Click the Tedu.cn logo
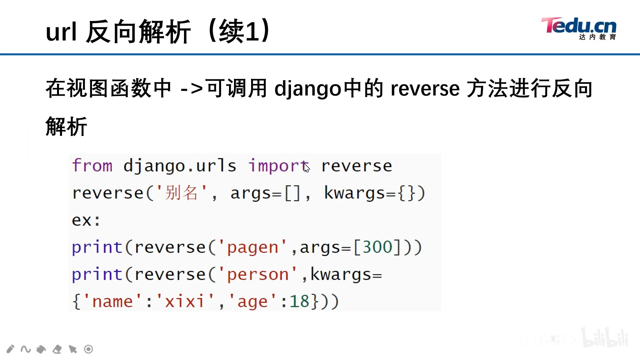click(x=579, y=28)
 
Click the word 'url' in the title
click(x=61, y=32)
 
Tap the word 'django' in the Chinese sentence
click(x=308, y=89)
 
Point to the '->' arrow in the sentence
click(x=191, y=89)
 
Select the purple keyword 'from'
click(x=92, y=166)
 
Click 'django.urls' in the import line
click(x=180, y=166)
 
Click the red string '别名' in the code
click(x=182, y=193)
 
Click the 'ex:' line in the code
click(x=86, y=220)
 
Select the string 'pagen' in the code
click(x=253, y=247)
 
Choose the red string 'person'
click(x=258, y=275)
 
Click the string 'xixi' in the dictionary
click(x=184, y=302)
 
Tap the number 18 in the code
click(x=299, y=302)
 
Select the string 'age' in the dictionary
click(x=252, y=302)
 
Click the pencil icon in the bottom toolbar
click(x=10, y=349)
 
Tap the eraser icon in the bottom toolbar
click(x=57, y=349)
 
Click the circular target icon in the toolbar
click(x=88, y=349)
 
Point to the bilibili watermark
click(x=605, y=338)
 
